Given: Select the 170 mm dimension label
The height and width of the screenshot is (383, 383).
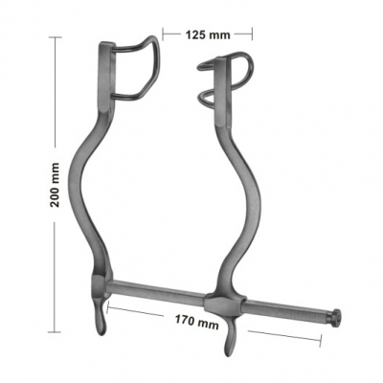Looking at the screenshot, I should (x=196, y=325).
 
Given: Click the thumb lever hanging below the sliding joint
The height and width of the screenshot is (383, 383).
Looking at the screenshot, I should (x=230, y=340).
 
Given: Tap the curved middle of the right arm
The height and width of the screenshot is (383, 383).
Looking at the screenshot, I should (x=249, y=191).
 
